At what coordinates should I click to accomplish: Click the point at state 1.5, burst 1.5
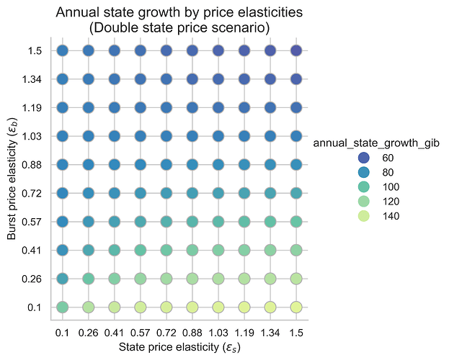click(295, 50)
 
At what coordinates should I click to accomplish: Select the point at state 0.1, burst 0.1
click(62, 307)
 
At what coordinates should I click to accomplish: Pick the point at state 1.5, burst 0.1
click(295, 307)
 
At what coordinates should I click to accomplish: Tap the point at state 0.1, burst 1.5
click(62, 50)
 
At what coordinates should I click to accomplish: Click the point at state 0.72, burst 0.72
click(166, 193)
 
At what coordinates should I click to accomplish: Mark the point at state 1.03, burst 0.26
click(218, 279)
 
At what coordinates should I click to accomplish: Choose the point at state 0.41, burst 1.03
click(114, 136)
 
